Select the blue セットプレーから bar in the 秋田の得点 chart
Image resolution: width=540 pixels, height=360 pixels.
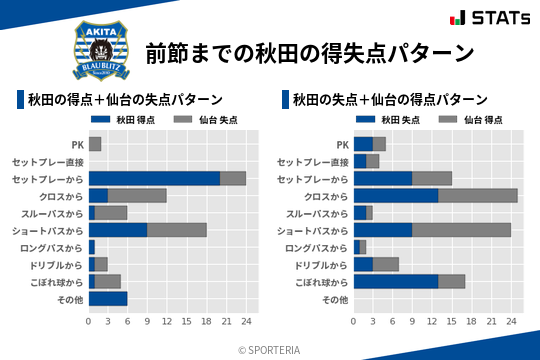coord(154,178)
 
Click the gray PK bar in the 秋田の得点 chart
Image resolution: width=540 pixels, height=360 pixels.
coord(95,144)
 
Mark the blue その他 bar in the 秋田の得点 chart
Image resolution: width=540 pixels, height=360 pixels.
coord(108,298)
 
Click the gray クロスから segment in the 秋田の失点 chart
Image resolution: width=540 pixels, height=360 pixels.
coord(478,195)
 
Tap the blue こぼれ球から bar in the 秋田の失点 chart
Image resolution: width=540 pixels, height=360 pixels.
coord(396,281)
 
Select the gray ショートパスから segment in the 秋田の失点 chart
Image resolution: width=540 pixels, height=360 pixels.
coord(462,230)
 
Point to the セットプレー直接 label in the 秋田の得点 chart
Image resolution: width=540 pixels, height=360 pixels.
coord(48,161)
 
